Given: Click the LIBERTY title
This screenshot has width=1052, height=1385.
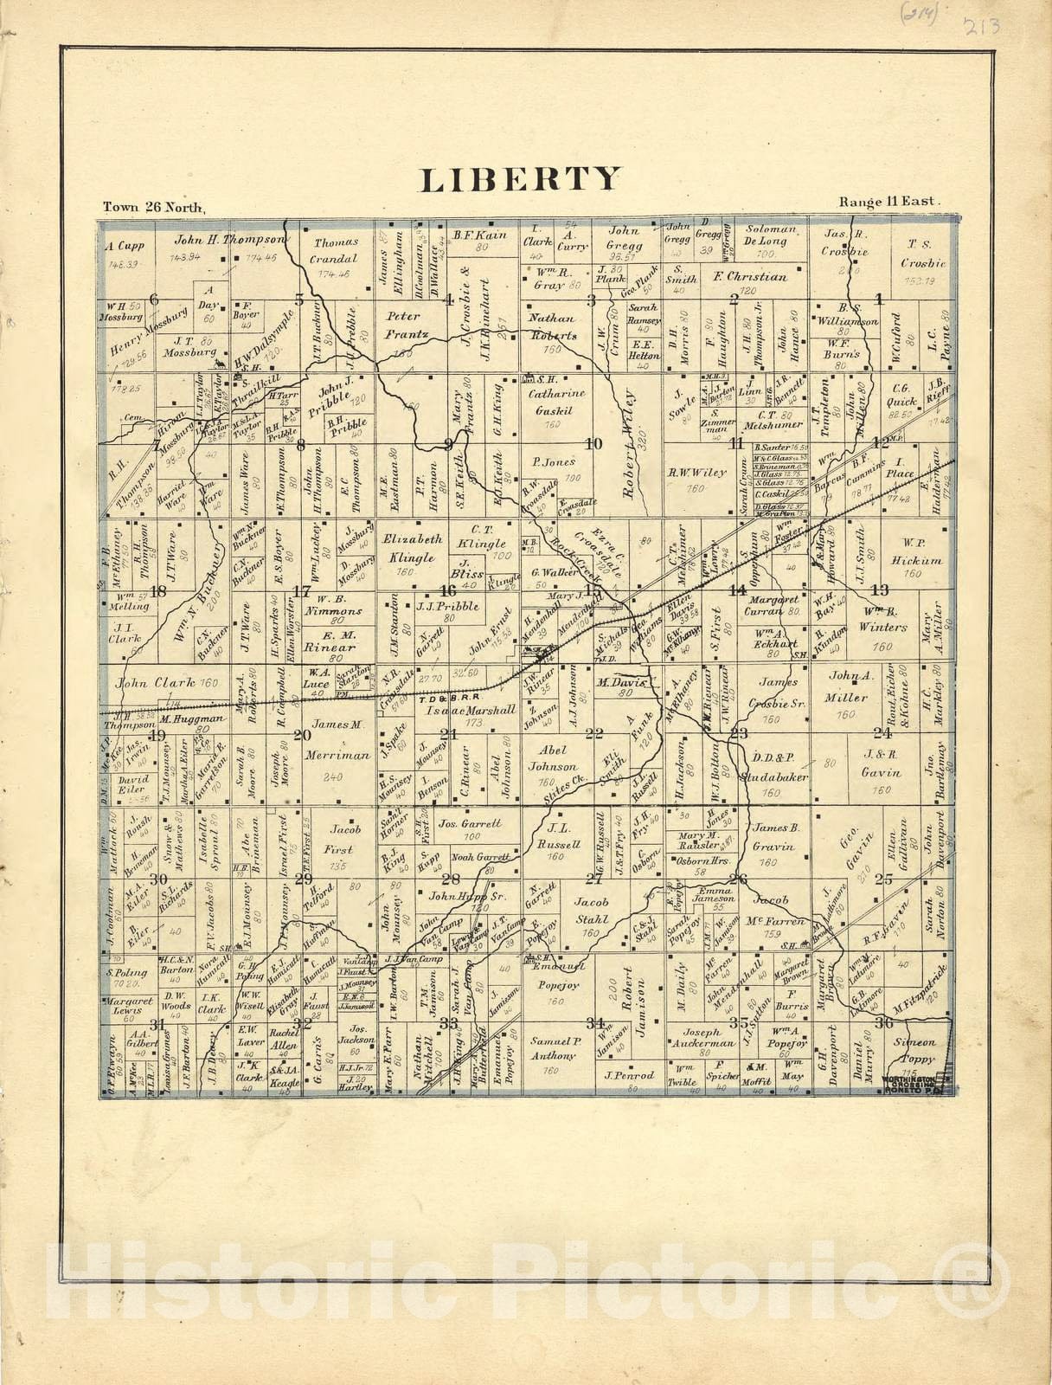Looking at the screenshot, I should pyautogui.click(x=520, y=178).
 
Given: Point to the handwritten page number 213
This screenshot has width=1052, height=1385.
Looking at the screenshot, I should pyautogui.click(x=983, y=27).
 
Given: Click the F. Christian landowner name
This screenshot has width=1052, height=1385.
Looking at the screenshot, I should pyautogui.click(x=749, y=277).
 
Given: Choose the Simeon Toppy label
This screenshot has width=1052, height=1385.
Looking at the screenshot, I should pyautogui.click(x=915, y=1050).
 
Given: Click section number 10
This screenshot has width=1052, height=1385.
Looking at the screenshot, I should pyautogui.click(x=593, y=445).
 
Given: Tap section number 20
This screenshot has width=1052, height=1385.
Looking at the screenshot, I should pyautogui.click(x=302, y=735).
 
